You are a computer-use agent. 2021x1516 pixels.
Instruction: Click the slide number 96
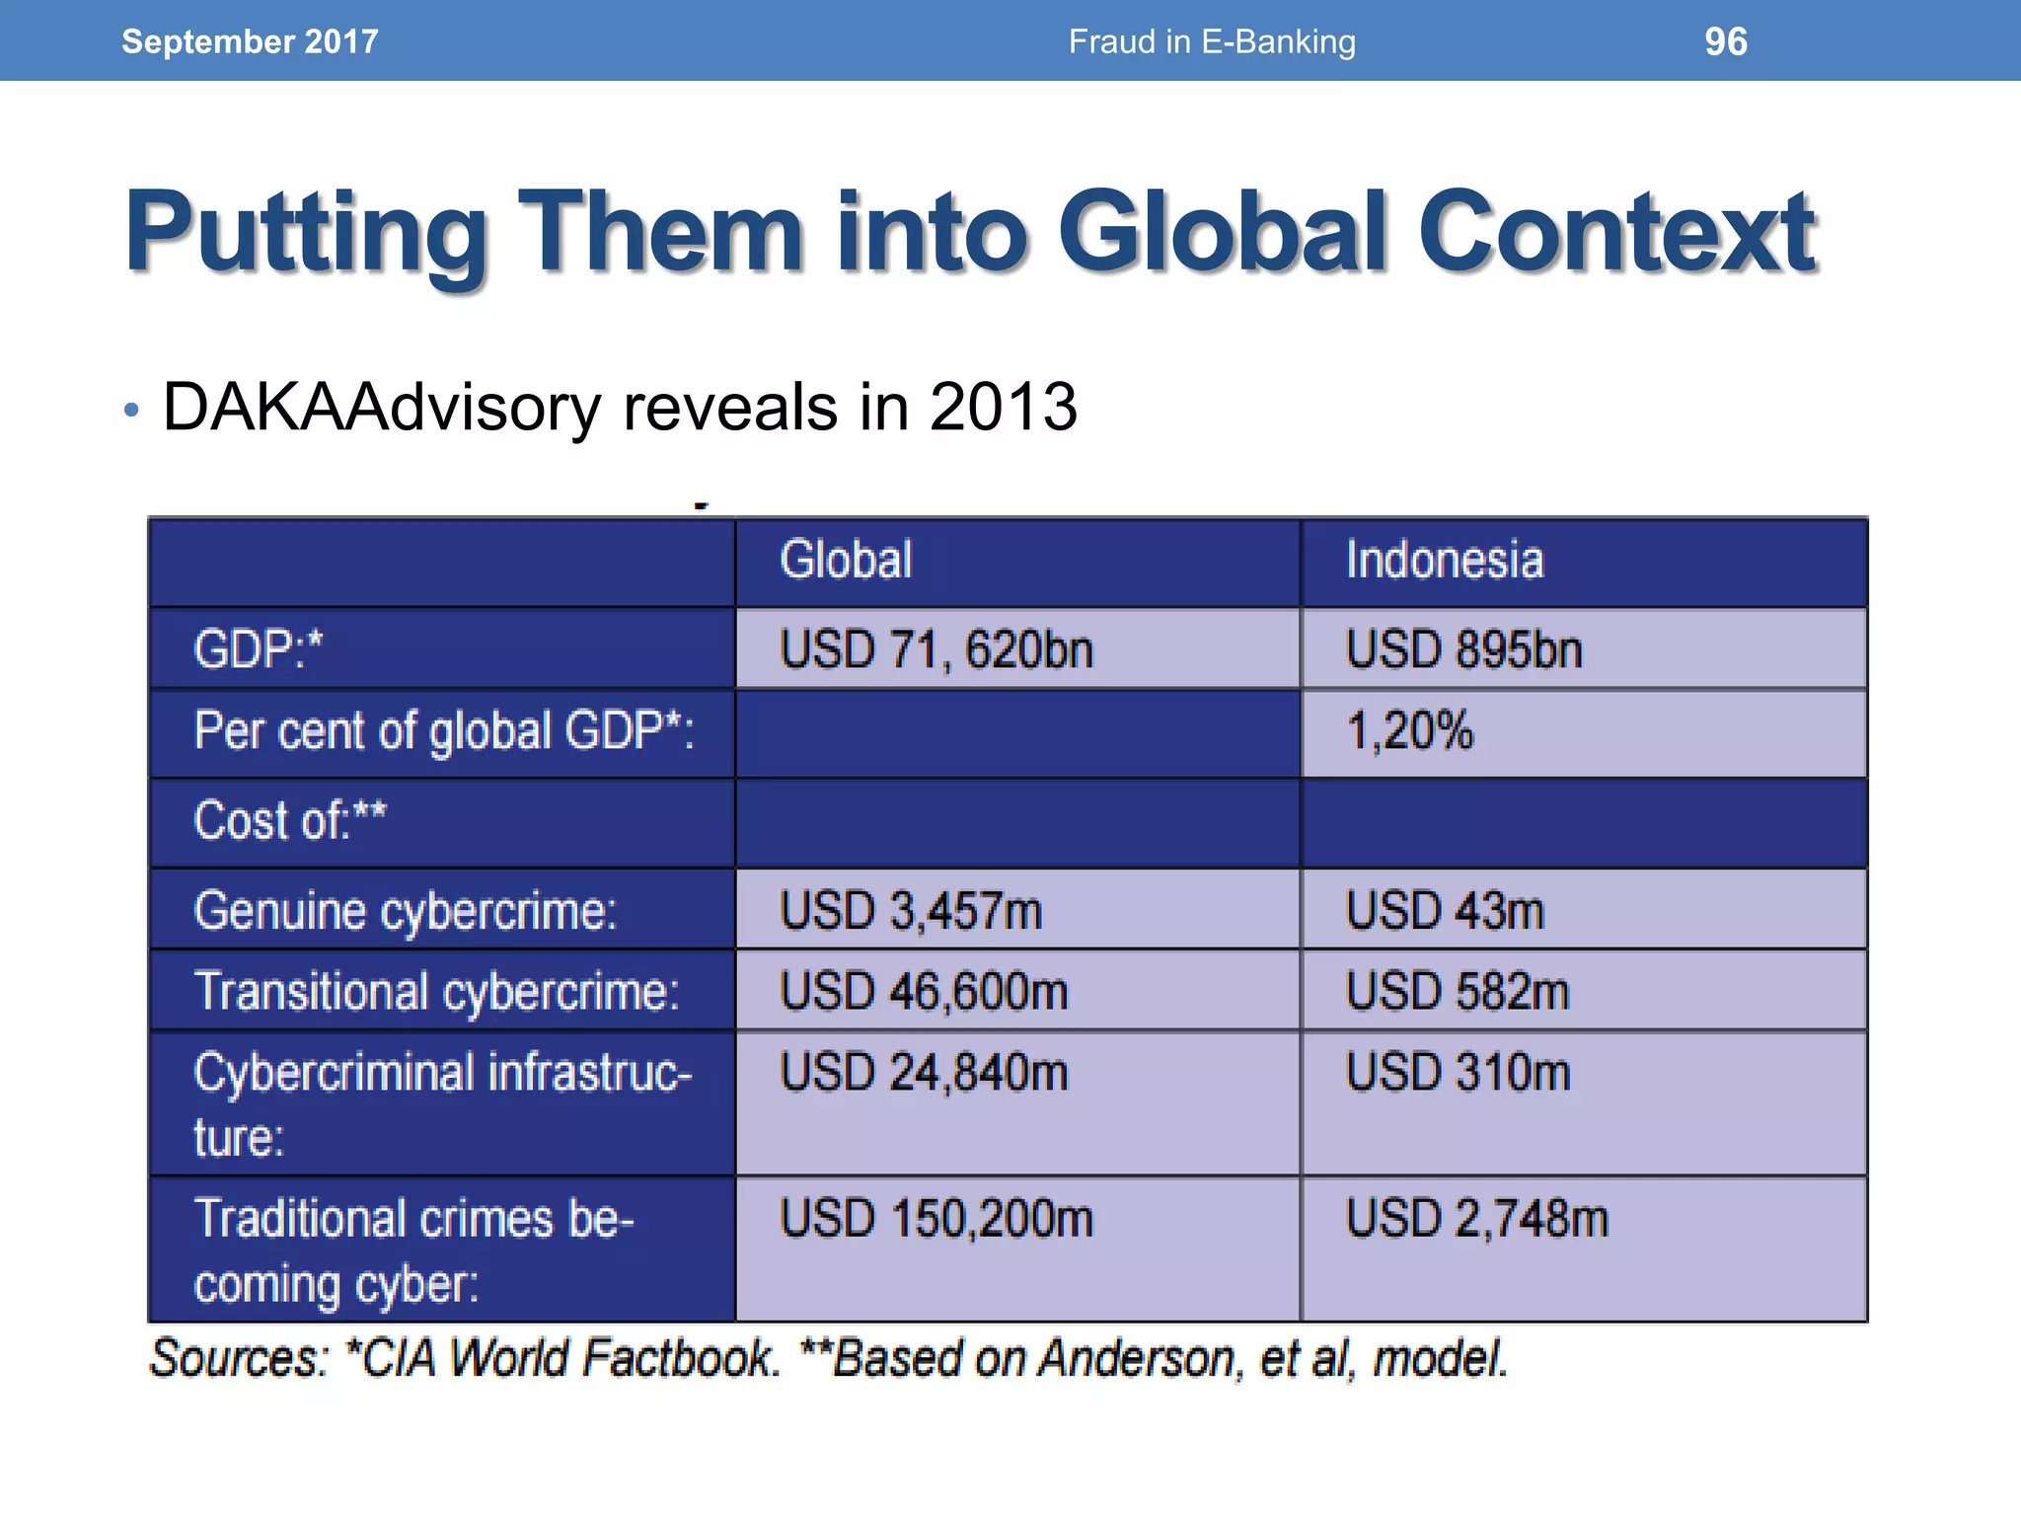pyautogui.click(x=1725, y=41)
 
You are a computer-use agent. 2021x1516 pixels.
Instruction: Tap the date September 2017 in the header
pyautogui.click(x=250, y=41)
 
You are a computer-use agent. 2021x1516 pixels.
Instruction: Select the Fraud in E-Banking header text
pyautogui.click(x=1212, y=41)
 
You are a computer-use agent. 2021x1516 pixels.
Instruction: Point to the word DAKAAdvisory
pyautogui.click(x=381, y=407)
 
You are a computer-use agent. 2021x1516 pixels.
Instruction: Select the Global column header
pyautogui.click(x=846, y=560)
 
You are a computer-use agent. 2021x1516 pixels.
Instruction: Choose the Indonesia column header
pyautogui.click(x=1445, y=560)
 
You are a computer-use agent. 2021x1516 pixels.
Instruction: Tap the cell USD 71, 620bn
pyautogui.click(x=936, y=650)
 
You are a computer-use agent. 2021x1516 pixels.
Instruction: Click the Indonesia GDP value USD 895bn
pyautogui.click(x=1464, y=650)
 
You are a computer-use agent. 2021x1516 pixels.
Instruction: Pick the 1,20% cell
pyautogui.click(x=1409, y=731)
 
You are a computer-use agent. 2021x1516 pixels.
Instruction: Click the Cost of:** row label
pyautogui.click(x=290, y=821)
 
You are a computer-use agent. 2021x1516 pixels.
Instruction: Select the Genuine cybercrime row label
pyautogui.click(x=406, y=911)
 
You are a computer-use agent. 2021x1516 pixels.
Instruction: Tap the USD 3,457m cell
pyautogui.click(x=911, y=911)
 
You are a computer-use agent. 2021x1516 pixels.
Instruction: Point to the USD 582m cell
pyautogui.click(x=1458, y=992)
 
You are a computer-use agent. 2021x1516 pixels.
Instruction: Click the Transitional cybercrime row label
pyautogui.click(x=437, y=992)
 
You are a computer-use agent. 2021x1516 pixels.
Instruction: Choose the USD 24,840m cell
pyautogui.click(x=924, y=1073)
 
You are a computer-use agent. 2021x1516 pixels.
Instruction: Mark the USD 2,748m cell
pyautogui.click(x=1477, y=1219)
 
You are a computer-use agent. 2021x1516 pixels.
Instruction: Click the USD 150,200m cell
pyautogui.click(x=936, y=1219)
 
